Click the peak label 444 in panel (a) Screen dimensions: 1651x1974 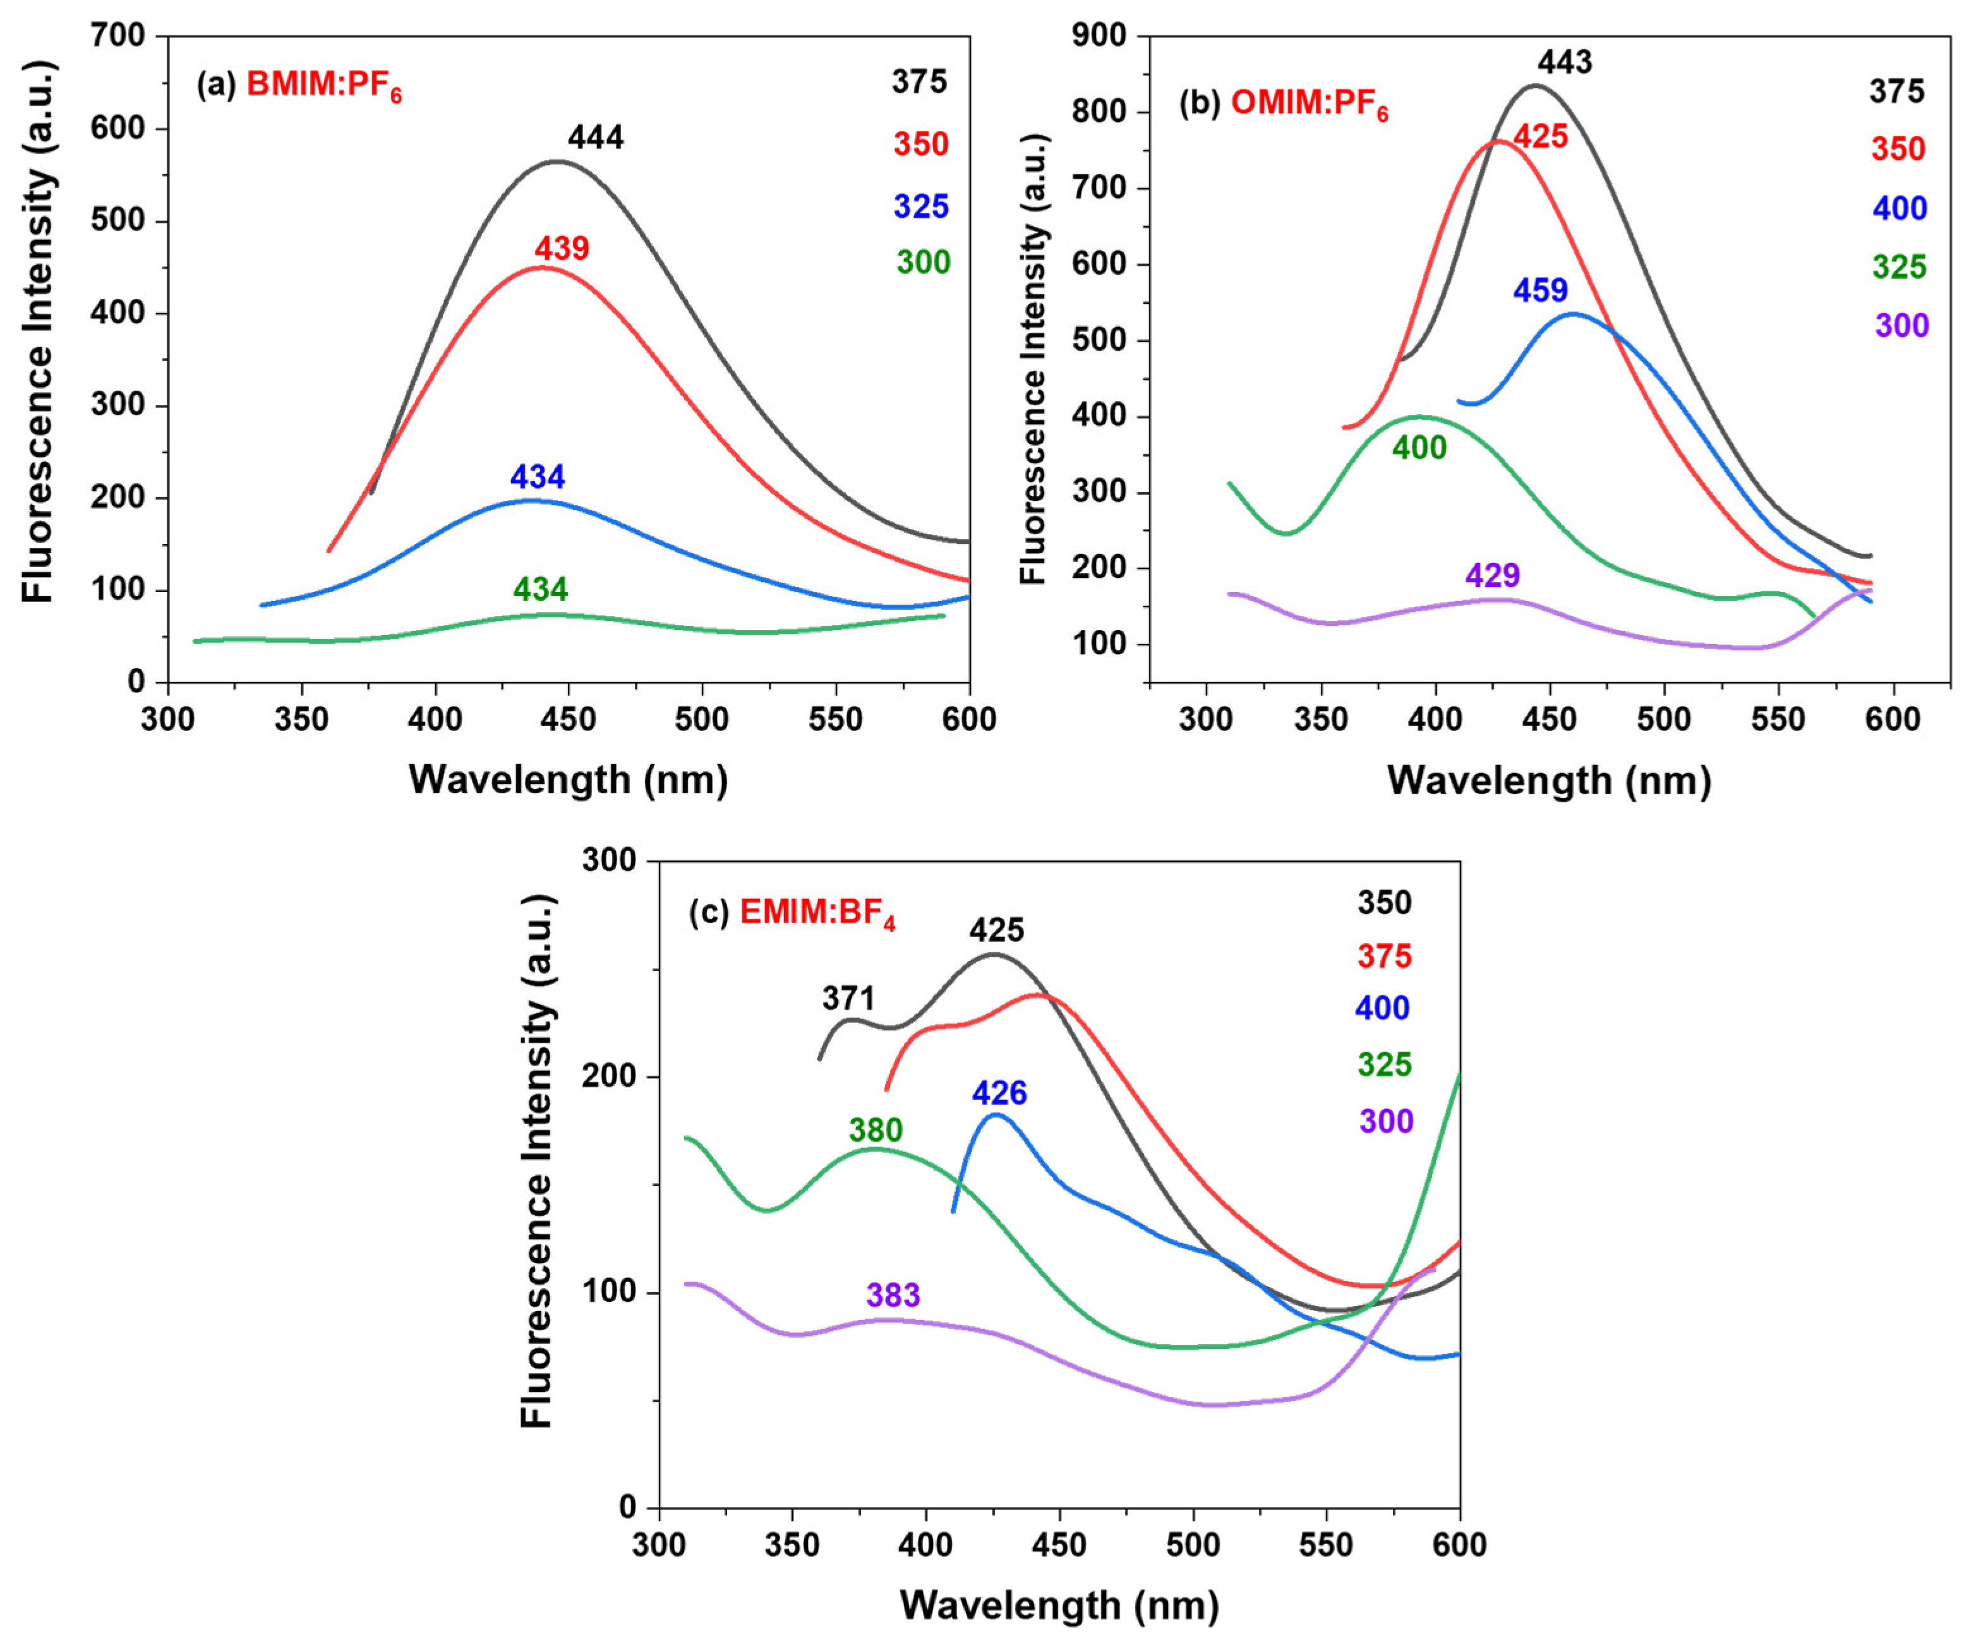point(595,138)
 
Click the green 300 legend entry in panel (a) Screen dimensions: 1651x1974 point(922,262)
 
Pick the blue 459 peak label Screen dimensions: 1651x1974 point(1540,291)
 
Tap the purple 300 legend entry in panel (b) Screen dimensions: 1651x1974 point(1901,326)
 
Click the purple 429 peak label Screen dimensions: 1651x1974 point(1492,576)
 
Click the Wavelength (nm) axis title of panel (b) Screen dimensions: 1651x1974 point(1548,780)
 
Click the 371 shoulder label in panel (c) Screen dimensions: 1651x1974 point(848,998)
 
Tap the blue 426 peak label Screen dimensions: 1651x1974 point(999,1094)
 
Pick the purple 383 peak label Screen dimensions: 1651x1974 point(893,1296)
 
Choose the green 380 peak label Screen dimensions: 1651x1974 point(875,1130)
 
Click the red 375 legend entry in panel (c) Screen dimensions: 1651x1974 point(1383,957)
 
